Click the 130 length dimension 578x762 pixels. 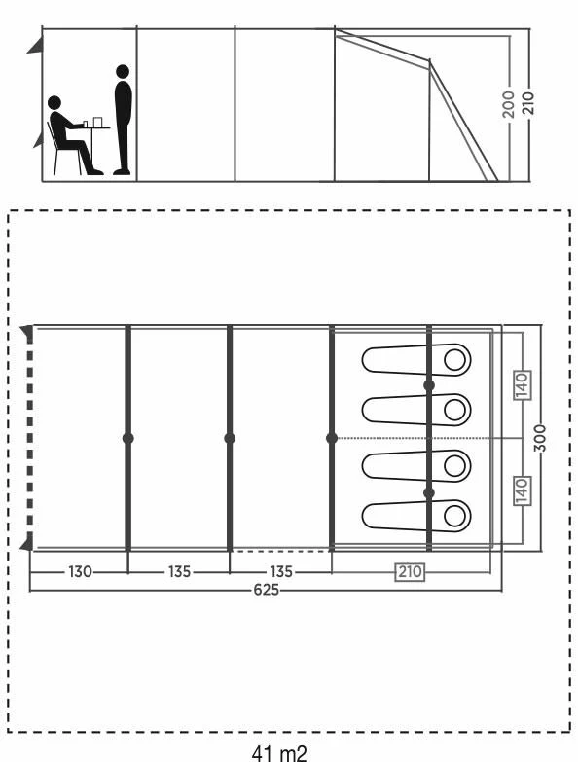pos(80,571)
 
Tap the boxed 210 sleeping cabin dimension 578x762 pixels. pos(411,571)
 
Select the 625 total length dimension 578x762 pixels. pos(267,590)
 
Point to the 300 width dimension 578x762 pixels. pos(540,438)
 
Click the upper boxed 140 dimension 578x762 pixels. pos(523,385)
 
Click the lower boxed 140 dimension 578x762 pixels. pos(523,490)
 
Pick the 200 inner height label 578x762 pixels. pos(509,104)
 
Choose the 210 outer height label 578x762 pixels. pos(528,102)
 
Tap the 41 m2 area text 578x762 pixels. pos(279,753)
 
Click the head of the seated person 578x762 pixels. pos(54,102)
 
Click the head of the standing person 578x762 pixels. pos(123,71)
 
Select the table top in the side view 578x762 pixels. pos(93,127)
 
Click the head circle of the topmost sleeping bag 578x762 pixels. pos(454,360)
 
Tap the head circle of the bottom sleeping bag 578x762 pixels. pos(454,516)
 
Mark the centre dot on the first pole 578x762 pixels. pos(128,438)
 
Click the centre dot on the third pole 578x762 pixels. pos(332,438)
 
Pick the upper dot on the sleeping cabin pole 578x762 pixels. pos(429,385)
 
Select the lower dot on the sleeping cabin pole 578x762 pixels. pos(429,493)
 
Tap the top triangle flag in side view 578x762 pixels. pos(35,46)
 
